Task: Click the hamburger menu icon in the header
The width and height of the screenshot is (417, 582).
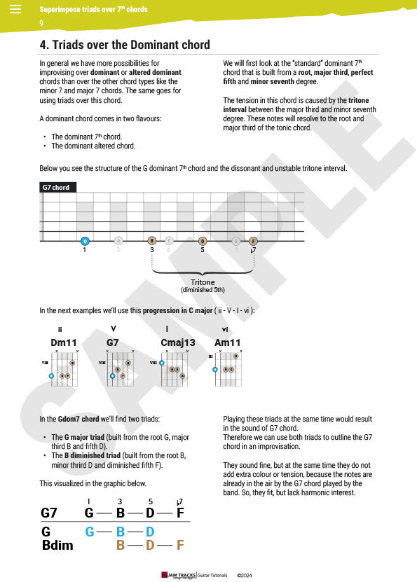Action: [x=15, y=9]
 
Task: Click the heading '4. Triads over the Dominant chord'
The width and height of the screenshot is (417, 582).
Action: [x=125, y=45]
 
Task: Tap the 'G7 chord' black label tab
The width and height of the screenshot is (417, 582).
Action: [x=57, y=188]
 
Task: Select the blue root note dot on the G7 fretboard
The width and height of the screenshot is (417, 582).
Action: [x=85, y=240]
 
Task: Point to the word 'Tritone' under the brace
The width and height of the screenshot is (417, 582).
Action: [x=203, y=282]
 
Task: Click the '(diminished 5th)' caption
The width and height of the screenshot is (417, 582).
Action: [x=203, y=290]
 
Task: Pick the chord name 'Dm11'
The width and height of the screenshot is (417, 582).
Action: [x=64, y=342]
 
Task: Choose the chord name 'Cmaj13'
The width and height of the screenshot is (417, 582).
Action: [x=177, y=342]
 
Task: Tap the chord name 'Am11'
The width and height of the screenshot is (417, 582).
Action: [x=228, y=342]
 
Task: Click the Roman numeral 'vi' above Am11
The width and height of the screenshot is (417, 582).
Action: [x=225, y=329]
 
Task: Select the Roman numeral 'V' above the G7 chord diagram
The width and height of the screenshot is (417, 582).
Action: [x=114, y=329]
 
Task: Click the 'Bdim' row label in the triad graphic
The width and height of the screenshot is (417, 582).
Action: [x=57, y=545]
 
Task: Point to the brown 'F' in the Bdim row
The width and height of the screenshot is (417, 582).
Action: [x=180, y=545]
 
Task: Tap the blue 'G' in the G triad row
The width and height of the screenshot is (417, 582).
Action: [x=89, y=532]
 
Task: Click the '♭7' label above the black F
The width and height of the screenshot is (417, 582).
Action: [x=180, y=501]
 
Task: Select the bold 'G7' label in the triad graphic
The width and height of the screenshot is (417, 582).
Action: [x=49, y=513]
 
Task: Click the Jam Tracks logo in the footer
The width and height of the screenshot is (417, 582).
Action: [x=178, y=575]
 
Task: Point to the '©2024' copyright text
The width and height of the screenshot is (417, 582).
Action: [x=244, y=575]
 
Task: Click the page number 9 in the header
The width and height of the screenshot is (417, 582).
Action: [x=41, y=23]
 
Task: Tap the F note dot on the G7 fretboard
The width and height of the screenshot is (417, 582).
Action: [x=253, y=240]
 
